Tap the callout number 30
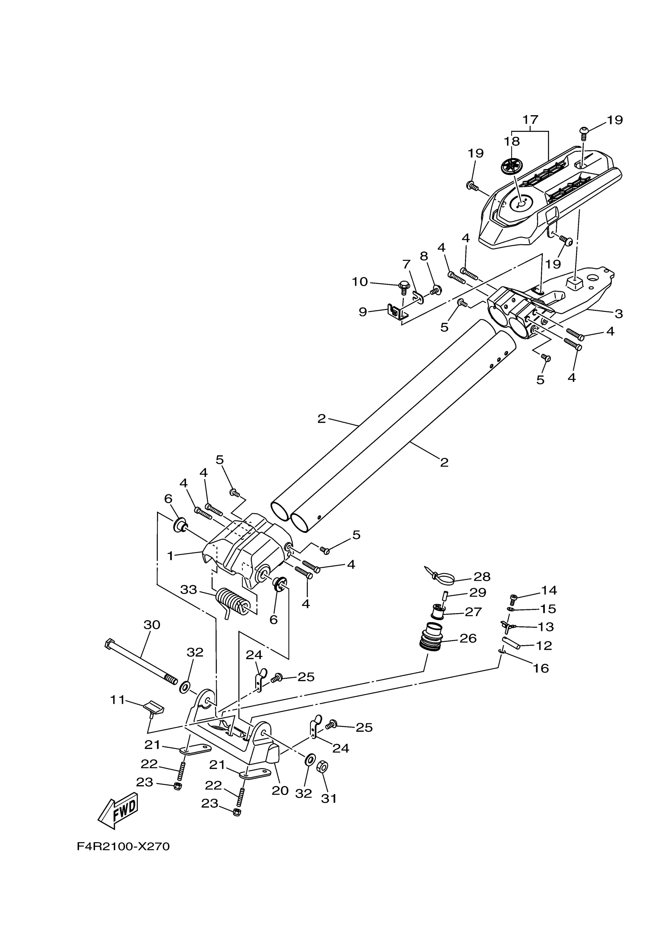pyautogui.click(x=152, y=625)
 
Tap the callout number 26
pyautogui.click(x=468, y=638)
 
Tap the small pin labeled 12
pyautogui.click(x=511, y=643)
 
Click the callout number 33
pyautogui.click(x=189, y=590)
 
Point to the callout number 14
pyautogui.click(x=549, y=590)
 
